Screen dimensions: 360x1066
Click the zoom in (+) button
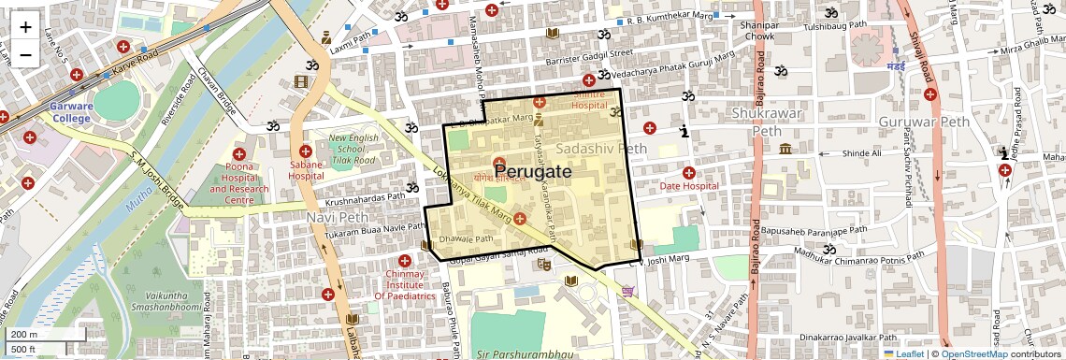25,28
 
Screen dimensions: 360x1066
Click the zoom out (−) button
25,55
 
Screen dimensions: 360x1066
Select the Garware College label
71,112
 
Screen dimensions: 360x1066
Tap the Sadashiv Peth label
601,149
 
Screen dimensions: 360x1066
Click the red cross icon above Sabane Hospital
305,151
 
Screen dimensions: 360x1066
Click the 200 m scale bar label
24,334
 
